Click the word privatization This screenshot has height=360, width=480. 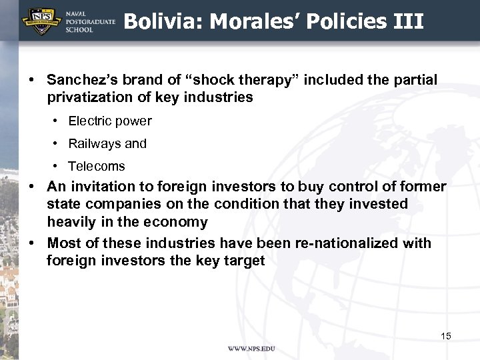(x=87, y=97)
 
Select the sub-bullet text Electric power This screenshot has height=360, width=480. (x=110, y=121)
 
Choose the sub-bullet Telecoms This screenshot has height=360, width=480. (x=97, y=167)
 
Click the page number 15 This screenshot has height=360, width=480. (x=446, y=336)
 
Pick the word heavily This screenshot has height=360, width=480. (x=72, y=222)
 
